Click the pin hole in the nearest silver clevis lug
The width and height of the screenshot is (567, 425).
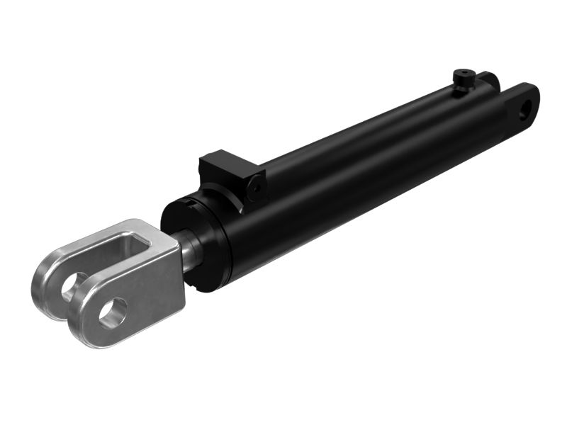tap(113, 312)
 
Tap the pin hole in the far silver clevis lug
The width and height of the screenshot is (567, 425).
tap(71, 287)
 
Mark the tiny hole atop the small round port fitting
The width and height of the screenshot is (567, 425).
tap(464, 72)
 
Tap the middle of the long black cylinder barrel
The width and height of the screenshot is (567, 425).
tap(354, 170)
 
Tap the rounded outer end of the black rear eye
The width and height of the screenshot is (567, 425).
tap(535, 96)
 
